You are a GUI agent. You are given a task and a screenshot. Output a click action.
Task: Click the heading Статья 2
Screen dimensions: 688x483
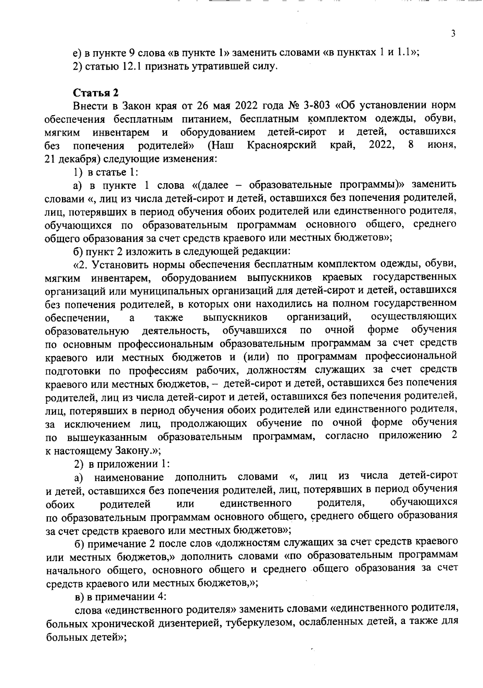point(96,93)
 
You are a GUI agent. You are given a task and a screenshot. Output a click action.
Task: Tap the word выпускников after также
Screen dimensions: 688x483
point(235,317)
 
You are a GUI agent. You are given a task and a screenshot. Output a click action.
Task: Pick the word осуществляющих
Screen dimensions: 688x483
point(413,316)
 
